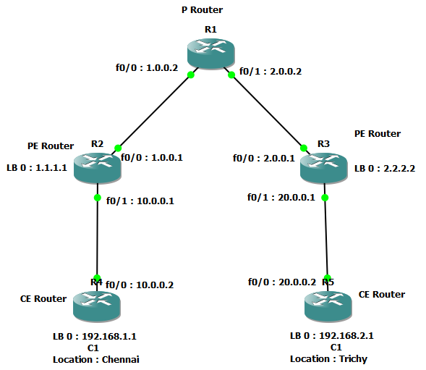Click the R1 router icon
210,53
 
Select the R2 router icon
97,168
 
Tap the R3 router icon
323,168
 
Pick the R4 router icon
97,306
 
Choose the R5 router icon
328,306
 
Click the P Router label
202,10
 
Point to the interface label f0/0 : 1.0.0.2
147,68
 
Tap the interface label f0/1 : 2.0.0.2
270,71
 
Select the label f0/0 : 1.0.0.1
152,158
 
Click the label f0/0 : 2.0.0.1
264,158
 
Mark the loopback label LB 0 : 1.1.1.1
37,167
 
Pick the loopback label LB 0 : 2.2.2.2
385,169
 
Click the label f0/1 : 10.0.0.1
140,201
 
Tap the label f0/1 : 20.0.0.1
281,197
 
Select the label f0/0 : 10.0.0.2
140,285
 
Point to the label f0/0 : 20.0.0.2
282,282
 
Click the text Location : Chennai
96,360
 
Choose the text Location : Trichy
329,359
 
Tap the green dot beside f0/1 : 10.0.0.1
97,198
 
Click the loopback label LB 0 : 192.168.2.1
332,336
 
